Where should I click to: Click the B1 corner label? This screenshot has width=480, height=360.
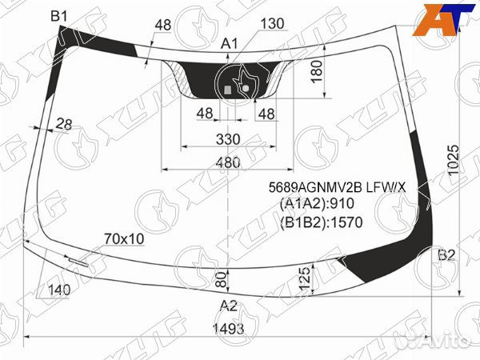(x=58, y=16)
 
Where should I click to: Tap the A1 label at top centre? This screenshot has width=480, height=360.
(x=230, y=44)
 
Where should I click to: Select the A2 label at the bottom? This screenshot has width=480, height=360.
(x=229, y=306)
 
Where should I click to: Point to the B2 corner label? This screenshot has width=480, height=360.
(x=447, y=255)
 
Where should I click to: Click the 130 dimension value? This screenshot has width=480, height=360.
(x=273, y=23)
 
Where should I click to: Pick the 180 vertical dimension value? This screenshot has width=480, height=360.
(x=317, y=71)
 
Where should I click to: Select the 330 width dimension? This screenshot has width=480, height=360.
(x=228, y=139)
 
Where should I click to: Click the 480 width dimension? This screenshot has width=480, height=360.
(x=228, y=162)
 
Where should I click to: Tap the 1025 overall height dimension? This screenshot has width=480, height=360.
(x=454, y=160)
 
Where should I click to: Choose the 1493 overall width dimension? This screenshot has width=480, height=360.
(x=228, y=329)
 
